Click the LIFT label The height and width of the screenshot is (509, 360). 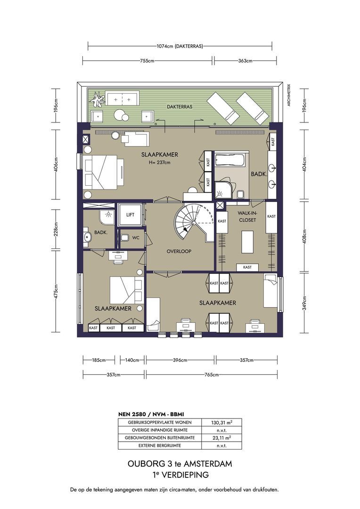(x=130, y=214)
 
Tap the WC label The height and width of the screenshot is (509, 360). (x=136, y=238)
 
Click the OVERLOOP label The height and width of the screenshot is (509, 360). (x=179, y=251)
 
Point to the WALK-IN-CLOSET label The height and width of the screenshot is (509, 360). (x=247, y=216)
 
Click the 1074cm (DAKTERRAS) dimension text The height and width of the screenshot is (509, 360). (x=180, y=46)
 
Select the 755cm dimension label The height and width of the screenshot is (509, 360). (x=147, y=61)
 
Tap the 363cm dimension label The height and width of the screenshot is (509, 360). (x=245, y=61)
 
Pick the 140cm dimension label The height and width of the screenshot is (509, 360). (x=132, y=360)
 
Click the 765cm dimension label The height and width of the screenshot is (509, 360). (x=212, y=375)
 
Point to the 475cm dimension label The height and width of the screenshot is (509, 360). (x=56, y=292)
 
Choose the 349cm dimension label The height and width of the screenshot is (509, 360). (x=304, y=303)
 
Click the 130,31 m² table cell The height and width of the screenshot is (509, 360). (x=222, y=422)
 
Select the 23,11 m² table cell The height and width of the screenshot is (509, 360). (x=222, y=437)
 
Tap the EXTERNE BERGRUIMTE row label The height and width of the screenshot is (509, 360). (x=160, y=445)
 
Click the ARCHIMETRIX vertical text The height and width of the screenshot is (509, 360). (x=288, y=95)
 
